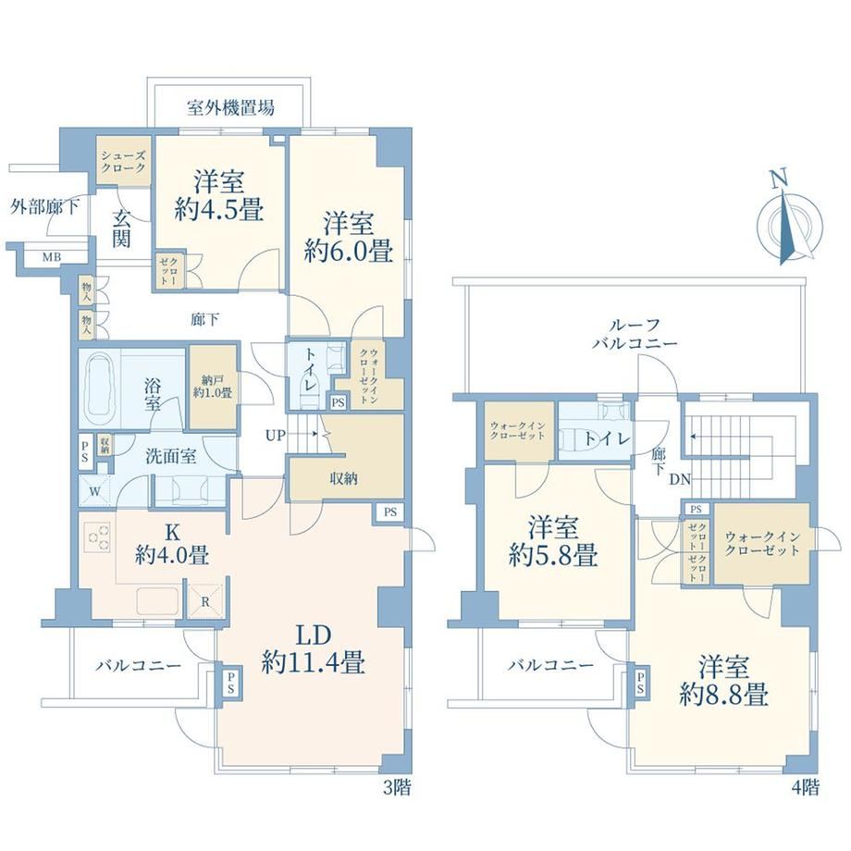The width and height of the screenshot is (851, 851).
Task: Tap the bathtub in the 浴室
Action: point(99,389)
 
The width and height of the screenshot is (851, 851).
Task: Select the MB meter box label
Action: point(52,257)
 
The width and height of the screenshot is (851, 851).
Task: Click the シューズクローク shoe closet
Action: point(123,162)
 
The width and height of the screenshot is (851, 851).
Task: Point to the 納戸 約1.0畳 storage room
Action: point(213,387)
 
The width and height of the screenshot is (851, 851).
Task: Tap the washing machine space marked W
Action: point(94,492)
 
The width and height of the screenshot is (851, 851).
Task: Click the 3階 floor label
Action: point(397,787)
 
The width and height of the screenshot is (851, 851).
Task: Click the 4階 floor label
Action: point(806,787)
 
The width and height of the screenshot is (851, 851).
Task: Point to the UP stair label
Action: point(276,435)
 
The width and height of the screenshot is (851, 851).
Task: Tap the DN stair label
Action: point(680,480)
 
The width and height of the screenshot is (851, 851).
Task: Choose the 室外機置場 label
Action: point(230,107)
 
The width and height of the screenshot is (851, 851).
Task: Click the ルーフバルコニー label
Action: point(635,334)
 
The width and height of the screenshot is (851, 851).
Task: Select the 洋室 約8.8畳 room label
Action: point(724,681)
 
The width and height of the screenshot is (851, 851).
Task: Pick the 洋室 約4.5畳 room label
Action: point(220,195)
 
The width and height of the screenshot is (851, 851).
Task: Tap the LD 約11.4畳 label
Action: point(313,649)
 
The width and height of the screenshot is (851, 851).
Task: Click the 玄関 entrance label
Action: point(121,228)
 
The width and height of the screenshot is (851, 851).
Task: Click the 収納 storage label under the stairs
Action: point(343,479)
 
